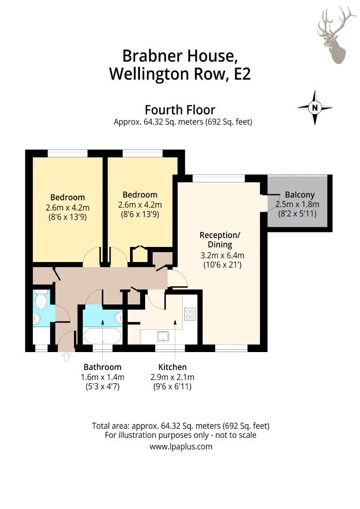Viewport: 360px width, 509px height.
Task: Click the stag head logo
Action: [335, 35]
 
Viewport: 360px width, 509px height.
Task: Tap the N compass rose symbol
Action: [315, 107]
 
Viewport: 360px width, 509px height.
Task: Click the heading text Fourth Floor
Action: [180, 110]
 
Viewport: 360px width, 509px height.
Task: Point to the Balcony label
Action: [300, 195]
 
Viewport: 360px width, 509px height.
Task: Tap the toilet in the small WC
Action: [41, 299]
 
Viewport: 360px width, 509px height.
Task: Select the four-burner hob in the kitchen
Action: [190, 314]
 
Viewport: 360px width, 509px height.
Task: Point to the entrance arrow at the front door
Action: [65, 356]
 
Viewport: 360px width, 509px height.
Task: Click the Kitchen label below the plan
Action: [172, 367]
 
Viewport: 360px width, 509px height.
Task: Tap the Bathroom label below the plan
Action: [102, 367]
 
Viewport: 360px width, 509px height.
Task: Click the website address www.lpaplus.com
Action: [180, 446]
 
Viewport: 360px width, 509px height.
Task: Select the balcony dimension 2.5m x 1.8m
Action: [297, 204]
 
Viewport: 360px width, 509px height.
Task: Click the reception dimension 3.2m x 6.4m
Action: [222, 255]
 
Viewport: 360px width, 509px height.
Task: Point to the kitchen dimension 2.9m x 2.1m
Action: [172, 377]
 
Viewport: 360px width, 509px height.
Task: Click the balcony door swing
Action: [272, 203]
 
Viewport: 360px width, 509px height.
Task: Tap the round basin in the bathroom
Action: [118, 318]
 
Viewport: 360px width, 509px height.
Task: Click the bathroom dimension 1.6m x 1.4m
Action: [102, 377]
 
